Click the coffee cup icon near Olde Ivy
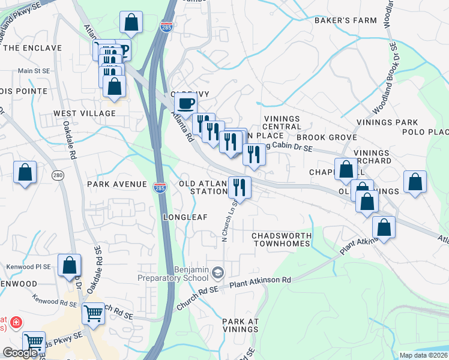click(186, 103)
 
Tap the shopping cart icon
click(92, 313)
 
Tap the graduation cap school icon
click(217, 274)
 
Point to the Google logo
click(20, 353)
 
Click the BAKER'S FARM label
click(346, 20)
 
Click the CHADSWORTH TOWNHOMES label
click(281, 239)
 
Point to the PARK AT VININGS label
click(240, 326)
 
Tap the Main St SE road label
click(34, 71)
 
